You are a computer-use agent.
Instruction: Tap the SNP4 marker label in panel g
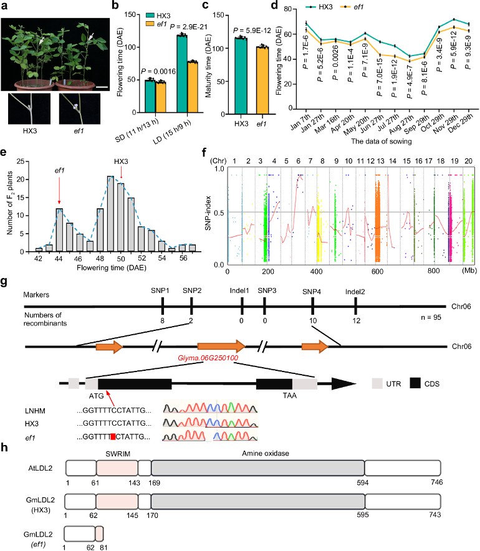(313, 290)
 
